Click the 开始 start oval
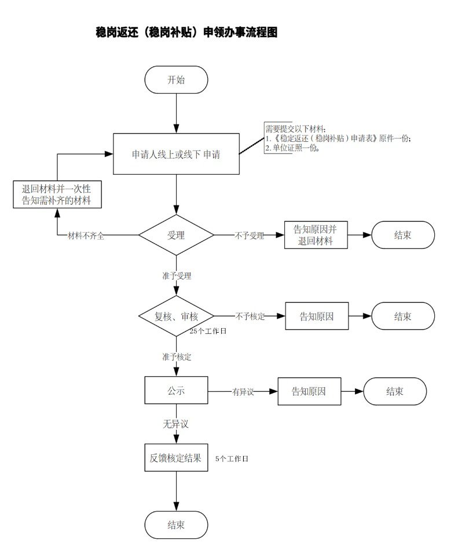tap(177, 80)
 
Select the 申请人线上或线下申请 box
tap(176, 155)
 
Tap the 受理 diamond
tap(176, 235)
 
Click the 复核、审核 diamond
tap(176, 317)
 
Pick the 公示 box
tap(176, 391)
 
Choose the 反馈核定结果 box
tap(175, 458)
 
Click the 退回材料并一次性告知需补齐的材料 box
tap(57, 194)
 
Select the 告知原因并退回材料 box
tap(316, 235)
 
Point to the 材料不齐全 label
tap(86, 236)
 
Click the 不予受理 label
tap(249, 236)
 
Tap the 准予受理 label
tap(177, 275)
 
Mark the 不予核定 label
tap(250, 317)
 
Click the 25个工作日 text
tap(207, 332)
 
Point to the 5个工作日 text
tap(232, 459)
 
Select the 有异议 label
tap(243, 392)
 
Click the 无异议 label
tap(175, 424)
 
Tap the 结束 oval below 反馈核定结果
tap(176, 525)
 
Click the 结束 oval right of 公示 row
tap(395, 391)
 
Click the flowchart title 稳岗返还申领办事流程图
tap(186, 33)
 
